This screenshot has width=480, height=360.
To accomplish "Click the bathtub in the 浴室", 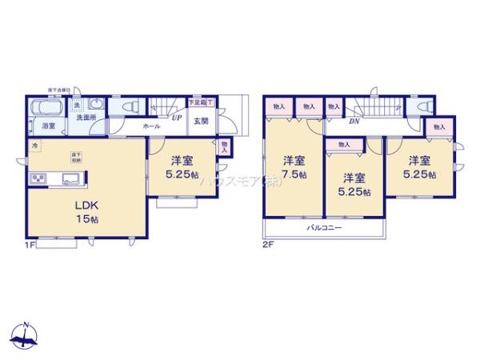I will point(45,108).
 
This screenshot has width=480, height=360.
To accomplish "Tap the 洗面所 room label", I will point(86,118).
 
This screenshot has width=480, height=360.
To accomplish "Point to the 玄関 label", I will point(200,121).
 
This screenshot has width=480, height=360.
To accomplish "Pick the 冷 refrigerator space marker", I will point(34,146).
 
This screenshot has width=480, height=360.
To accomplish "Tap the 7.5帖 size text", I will point(293,175).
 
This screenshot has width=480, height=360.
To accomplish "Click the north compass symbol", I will point(26,337).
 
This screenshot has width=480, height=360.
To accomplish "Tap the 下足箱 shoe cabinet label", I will point(198,101).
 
